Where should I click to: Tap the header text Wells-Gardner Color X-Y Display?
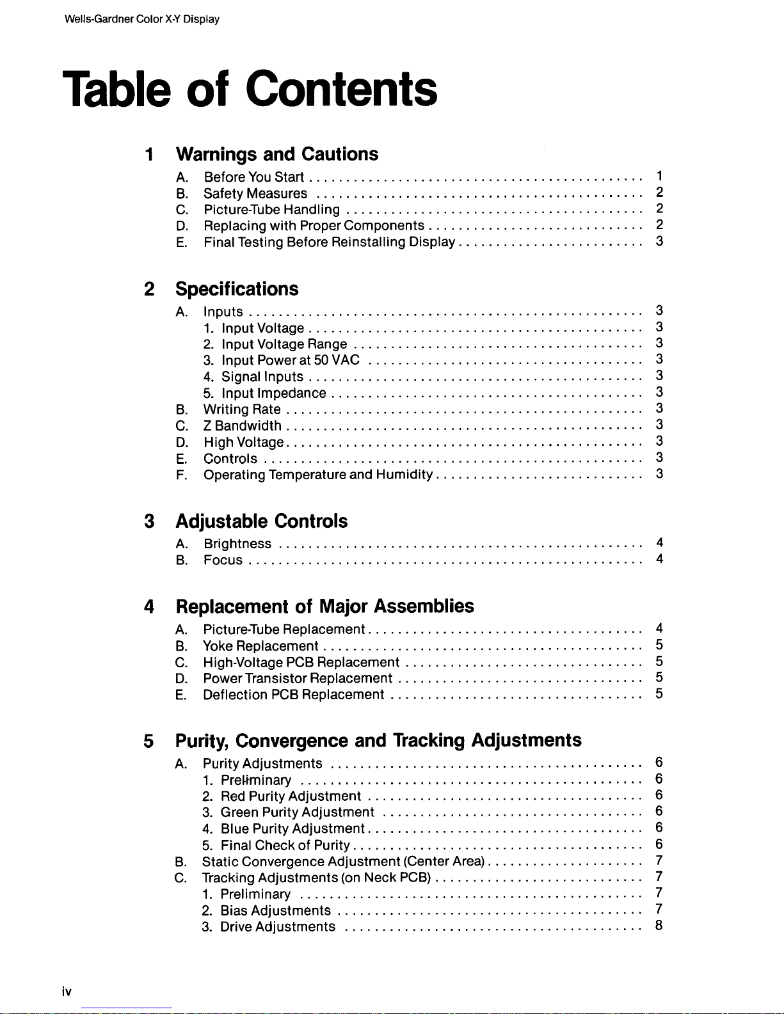(141, 19)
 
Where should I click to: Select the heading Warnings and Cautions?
(276, 154)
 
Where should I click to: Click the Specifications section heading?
(237, 289)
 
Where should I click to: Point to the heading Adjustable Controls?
(261, 521)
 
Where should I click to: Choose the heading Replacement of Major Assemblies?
(324, 606)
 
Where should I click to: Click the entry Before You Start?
(253, 177)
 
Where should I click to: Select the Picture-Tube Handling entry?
(271, 210)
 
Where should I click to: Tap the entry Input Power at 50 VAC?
(290, 360)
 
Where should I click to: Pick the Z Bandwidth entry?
(242, 425)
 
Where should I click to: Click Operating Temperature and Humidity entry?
(317, 475)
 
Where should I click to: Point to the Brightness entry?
(237, 544)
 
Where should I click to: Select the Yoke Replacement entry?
(260, 646)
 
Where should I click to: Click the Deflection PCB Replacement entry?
(293, 695)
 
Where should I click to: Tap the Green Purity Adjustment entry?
(297, 812)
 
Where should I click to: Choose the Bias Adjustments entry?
(275, 910)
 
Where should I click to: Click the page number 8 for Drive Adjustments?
(659, 926)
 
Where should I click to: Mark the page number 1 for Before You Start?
(659, 176)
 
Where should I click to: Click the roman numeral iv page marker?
(67, 992)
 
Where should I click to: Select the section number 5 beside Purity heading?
(148, 741)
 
